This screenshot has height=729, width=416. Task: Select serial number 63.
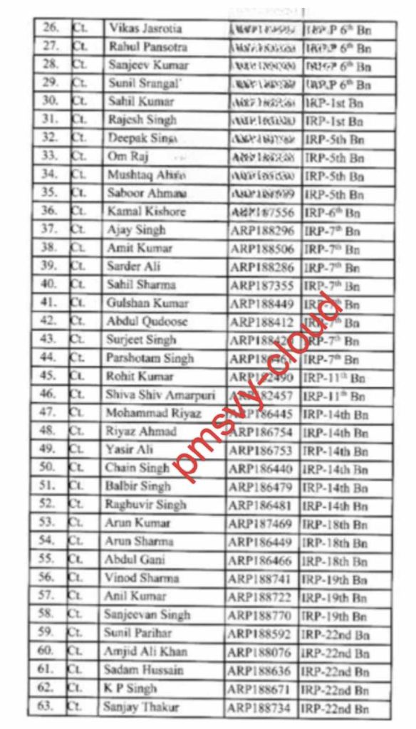[46, 707]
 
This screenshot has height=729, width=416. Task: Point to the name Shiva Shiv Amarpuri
[154, 394]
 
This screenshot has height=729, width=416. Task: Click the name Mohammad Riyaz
[153, 413]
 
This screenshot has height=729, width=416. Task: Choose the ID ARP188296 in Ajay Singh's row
[265, 230]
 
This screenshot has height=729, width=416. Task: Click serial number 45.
[48, 376]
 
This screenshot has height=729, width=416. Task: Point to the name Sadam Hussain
[143, 670]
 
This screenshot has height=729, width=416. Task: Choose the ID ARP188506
[265, 248]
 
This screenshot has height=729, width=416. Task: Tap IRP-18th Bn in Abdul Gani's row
[335, 560]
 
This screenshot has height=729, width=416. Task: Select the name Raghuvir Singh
[145, 505]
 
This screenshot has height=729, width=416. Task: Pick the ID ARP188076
[261, 652]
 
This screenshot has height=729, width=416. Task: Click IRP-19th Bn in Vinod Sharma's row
[335, 579]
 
